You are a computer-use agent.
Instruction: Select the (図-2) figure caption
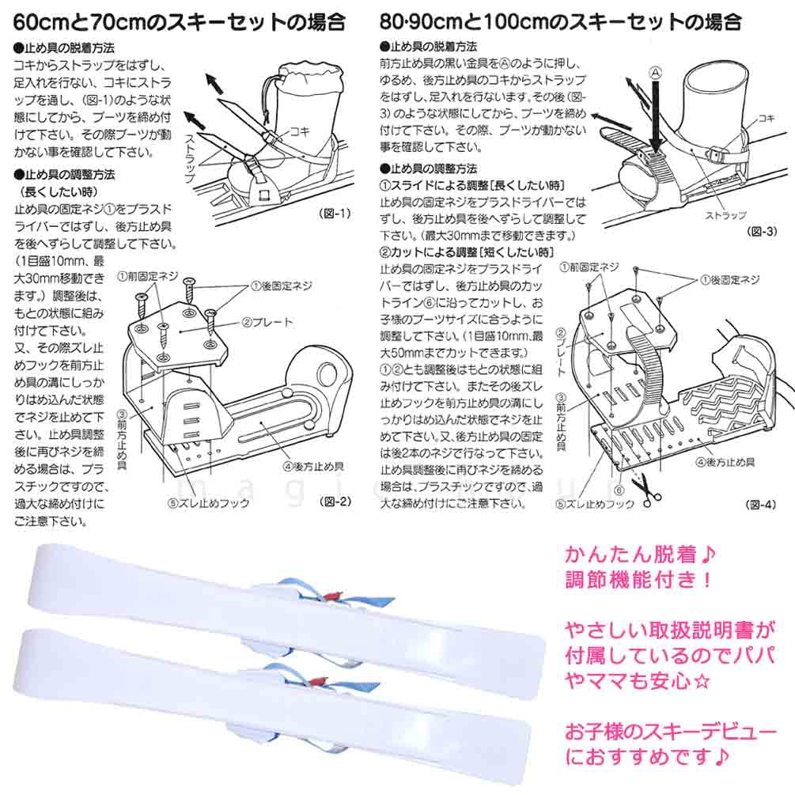pos(328,502)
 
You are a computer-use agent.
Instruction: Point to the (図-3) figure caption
pos(763,231)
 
